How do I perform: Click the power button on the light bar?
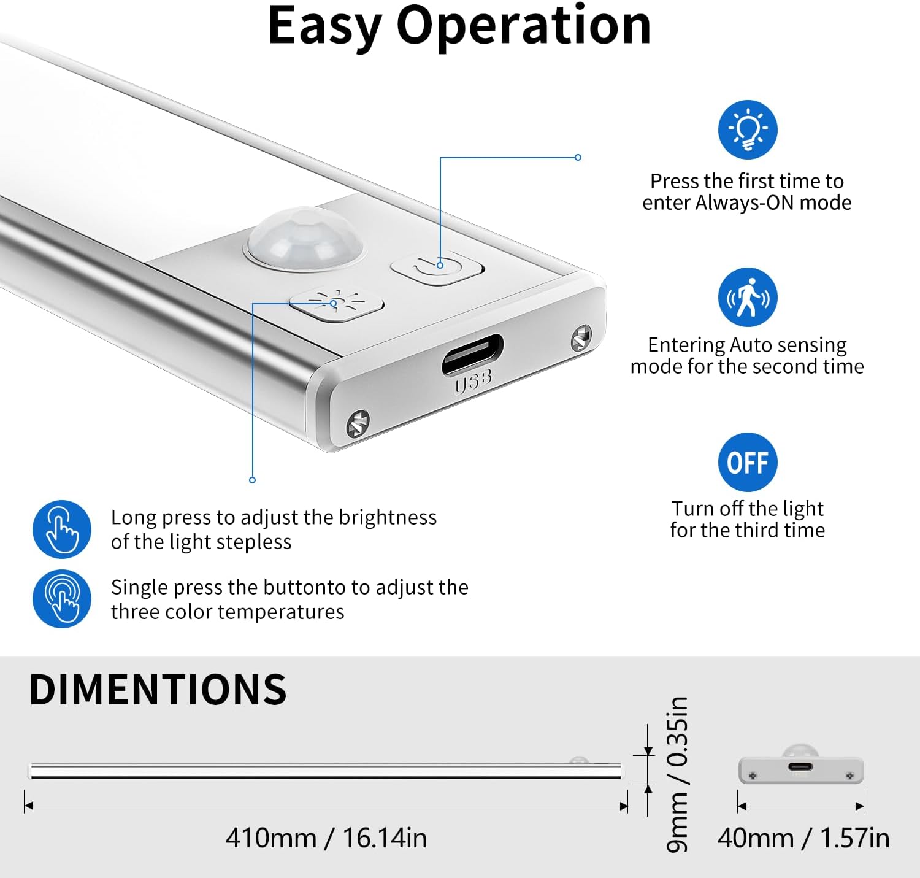tap(437, 268)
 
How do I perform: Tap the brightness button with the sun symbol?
tap(336, 304)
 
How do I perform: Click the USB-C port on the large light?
tap(473, 353)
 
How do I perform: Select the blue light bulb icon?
tap(748, 129)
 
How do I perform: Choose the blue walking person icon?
tap(748, 298)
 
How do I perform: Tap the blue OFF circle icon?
tap(748, 462)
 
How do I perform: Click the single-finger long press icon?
tap(62, 529)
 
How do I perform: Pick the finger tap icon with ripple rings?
tap(62, 599)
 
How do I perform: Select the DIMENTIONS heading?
tap(158, 689)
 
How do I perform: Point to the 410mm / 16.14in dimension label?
tap(326, 838)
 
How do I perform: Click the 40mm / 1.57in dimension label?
tap(803, 838)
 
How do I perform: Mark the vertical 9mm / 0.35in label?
tap(678, 774)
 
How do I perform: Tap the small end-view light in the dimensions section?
tap(801, 767)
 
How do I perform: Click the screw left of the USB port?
tap(358, 424)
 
